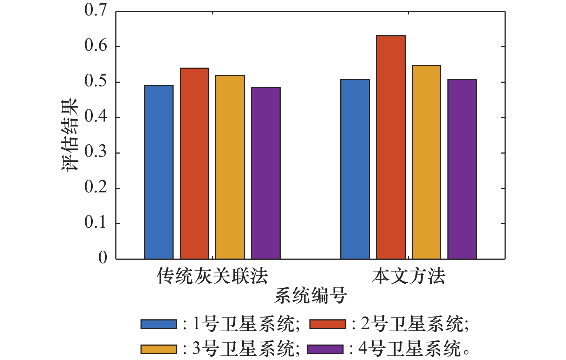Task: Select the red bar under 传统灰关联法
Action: (x=194, y=163)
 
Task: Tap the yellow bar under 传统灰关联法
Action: (x=230, y=167)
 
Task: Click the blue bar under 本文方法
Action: (x=355, y=169)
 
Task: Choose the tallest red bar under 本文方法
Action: (x=391, y=147)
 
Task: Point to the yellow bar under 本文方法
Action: (x=426, y=162)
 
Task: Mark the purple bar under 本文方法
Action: (x=462, y=169)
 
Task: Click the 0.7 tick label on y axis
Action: (x=96, y=10)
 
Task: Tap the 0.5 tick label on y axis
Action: (x=96, y=82)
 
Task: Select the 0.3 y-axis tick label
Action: (x=96, y=152)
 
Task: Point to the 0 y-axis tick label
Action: (x=103, y=258)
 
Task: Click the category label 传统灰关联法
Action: (x=212, y=277)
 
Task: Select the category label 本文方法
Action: (x=409, y=277)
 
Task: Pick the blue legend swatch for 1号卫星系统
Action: (x=158, y=324)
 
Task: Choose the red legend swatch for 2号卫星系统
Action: (x=327, y=324)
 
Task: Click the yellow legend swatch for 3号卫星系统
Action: (x=158, y=349)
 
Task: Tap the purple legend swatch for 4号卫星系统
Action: (x=325, y=349)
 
